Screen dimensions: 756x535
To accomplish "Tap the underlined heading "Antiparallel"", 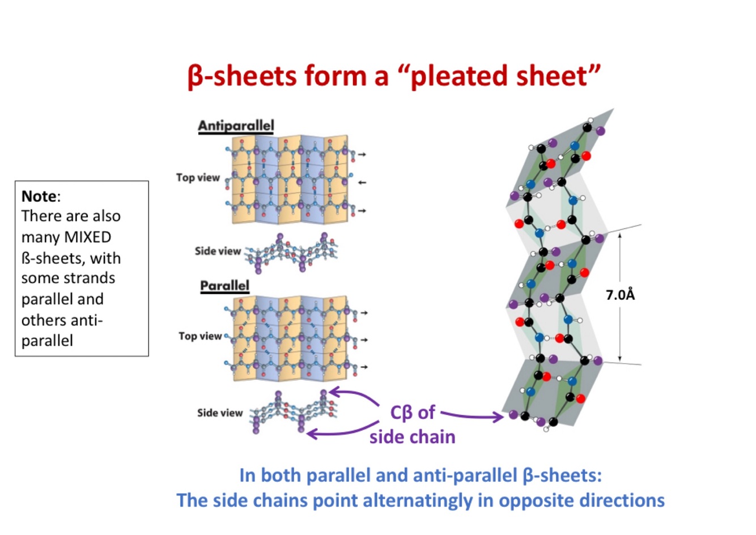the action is click(236, 126).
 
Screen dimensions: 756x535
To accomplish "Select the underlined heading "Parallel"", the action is click(224, 285).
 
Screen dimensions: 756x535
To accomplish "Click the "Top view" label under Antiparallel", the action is click(198, 177).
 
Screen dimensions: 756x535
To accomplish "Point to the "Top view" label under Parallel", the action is click(200, 336).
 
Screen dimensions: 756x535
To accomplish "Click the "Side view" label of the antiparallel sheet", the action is click(218, 250).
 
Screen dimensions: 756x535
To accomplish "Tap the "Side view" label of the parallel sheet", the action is click(220, 413).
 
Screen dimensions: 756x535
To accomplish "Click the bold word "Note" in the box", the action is click(39, 196).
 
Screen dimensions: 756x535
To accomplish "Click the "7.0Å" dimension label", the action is click(620, 295).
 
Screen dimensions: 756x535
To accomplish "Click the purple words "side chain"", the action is click(412, 437).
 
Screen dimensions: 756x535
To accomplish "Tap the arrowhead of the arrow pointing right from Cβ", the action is click(499, 418).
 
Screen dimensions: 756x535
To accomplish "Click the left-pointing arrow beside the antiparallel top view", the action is click(362, 182).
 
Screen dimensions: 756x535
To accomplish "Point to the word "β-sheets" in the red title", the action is click(241, 76).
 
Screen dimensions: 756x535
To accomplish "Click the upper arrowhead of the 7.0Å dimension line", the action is click(620, 235).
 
